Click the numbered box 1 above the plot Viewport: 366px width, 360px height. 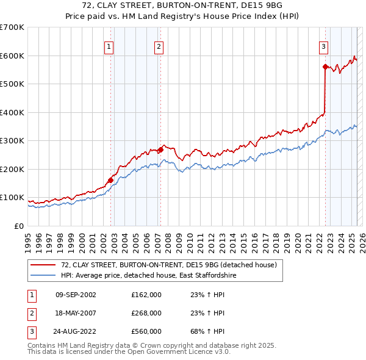(x=109, y=46)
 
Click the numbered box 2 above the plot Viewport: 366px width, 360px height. (x=159, y=46)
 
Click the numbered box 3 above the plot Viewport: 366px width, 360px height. (x=323, y=46)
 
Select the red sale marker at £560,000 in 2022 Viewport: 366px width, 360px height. (x=325, y=67)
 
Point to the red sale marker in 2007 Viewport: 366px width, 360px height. (x=160, y=149)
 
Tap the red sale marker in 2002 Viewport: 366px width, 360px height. (x=110, y=180)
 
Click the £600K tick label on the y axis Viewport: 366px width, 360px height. (x=12, y=56)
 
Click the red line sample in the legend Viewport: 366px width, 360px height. (x=43, y=265)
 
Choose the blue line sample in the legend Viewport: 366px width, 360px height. (x=43, y=276)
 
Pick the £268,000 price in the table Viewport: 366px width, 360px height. (x=146, y=313)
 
